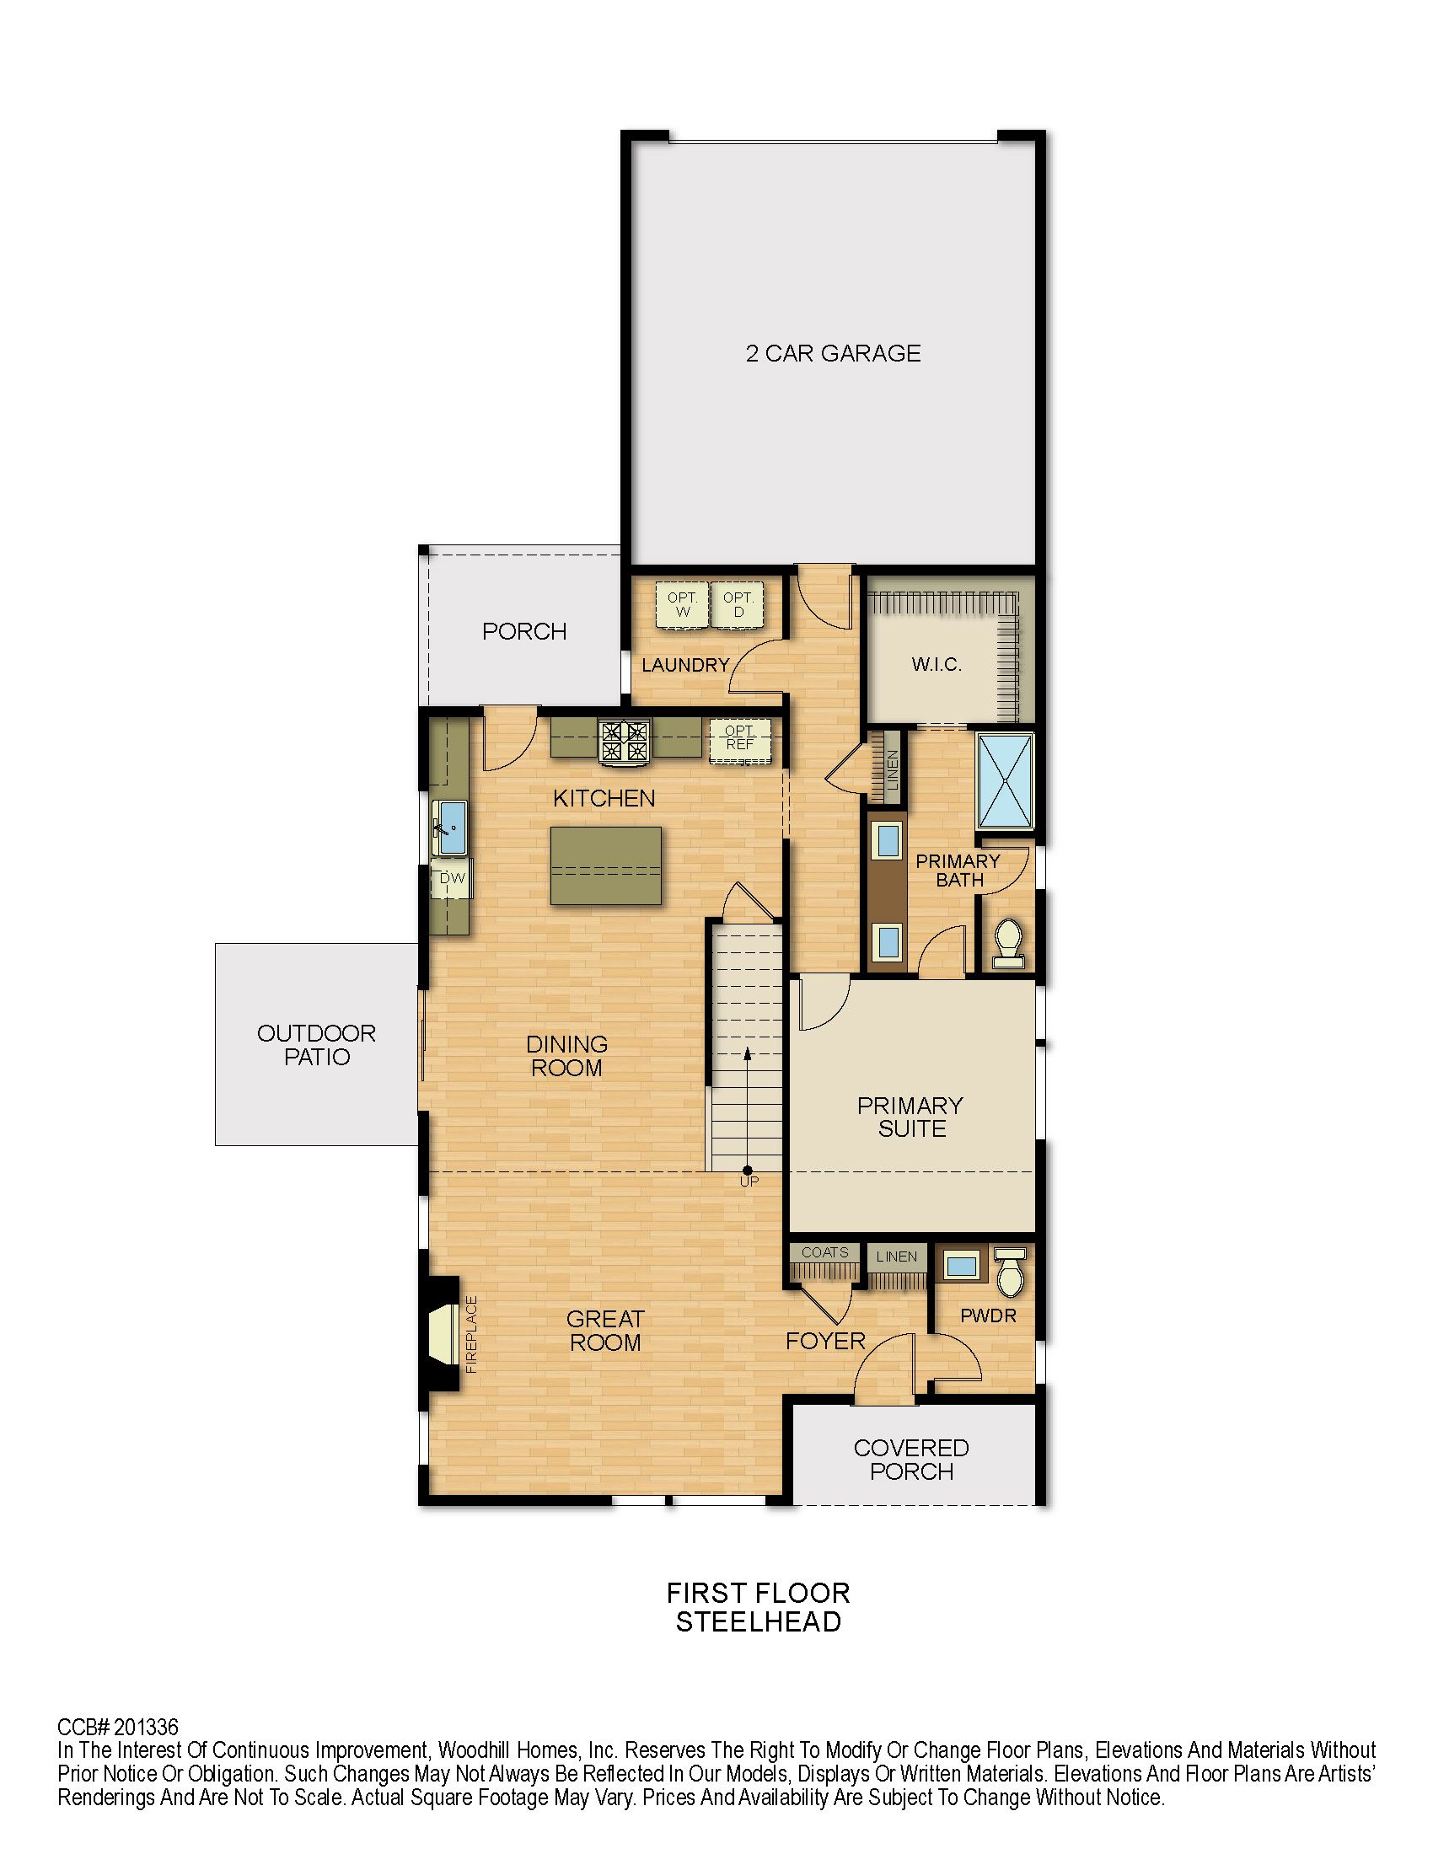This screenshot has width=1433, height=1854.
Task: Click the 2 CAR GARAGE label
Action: [833, 353]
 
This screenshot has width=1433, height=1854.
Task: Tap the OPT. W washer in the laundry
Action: [682, 605]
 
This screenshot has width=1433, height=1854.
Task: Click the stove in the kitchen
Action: [624, 741]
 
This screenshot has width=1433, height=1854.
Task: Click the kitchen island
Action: [605, 865]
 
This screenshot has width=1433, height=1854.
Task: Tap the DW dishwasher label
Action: [453, 879]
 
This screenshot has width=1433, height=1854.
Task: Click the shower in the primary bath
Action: [1005, 780]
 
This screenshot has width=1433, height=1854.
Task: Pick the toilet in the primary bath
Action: [1008, 942]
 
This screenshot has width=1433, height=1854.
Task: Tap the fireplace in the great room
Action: [443, 1334]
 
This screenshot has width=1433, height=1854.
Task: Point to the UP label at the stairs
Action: [749, 1181]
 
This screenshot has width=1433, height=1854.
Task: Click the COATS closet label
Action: [824, 1252]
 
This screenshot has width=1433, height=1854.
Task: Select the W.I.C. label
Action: [937, 665]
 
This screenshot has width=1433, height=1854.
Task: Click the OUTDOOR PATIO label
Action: [317, 1045]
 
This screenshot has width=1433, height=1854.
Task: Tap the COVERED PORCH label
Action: [911, 1460]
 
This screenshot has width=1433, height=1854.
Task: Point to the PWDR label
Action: [988, 1316]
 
